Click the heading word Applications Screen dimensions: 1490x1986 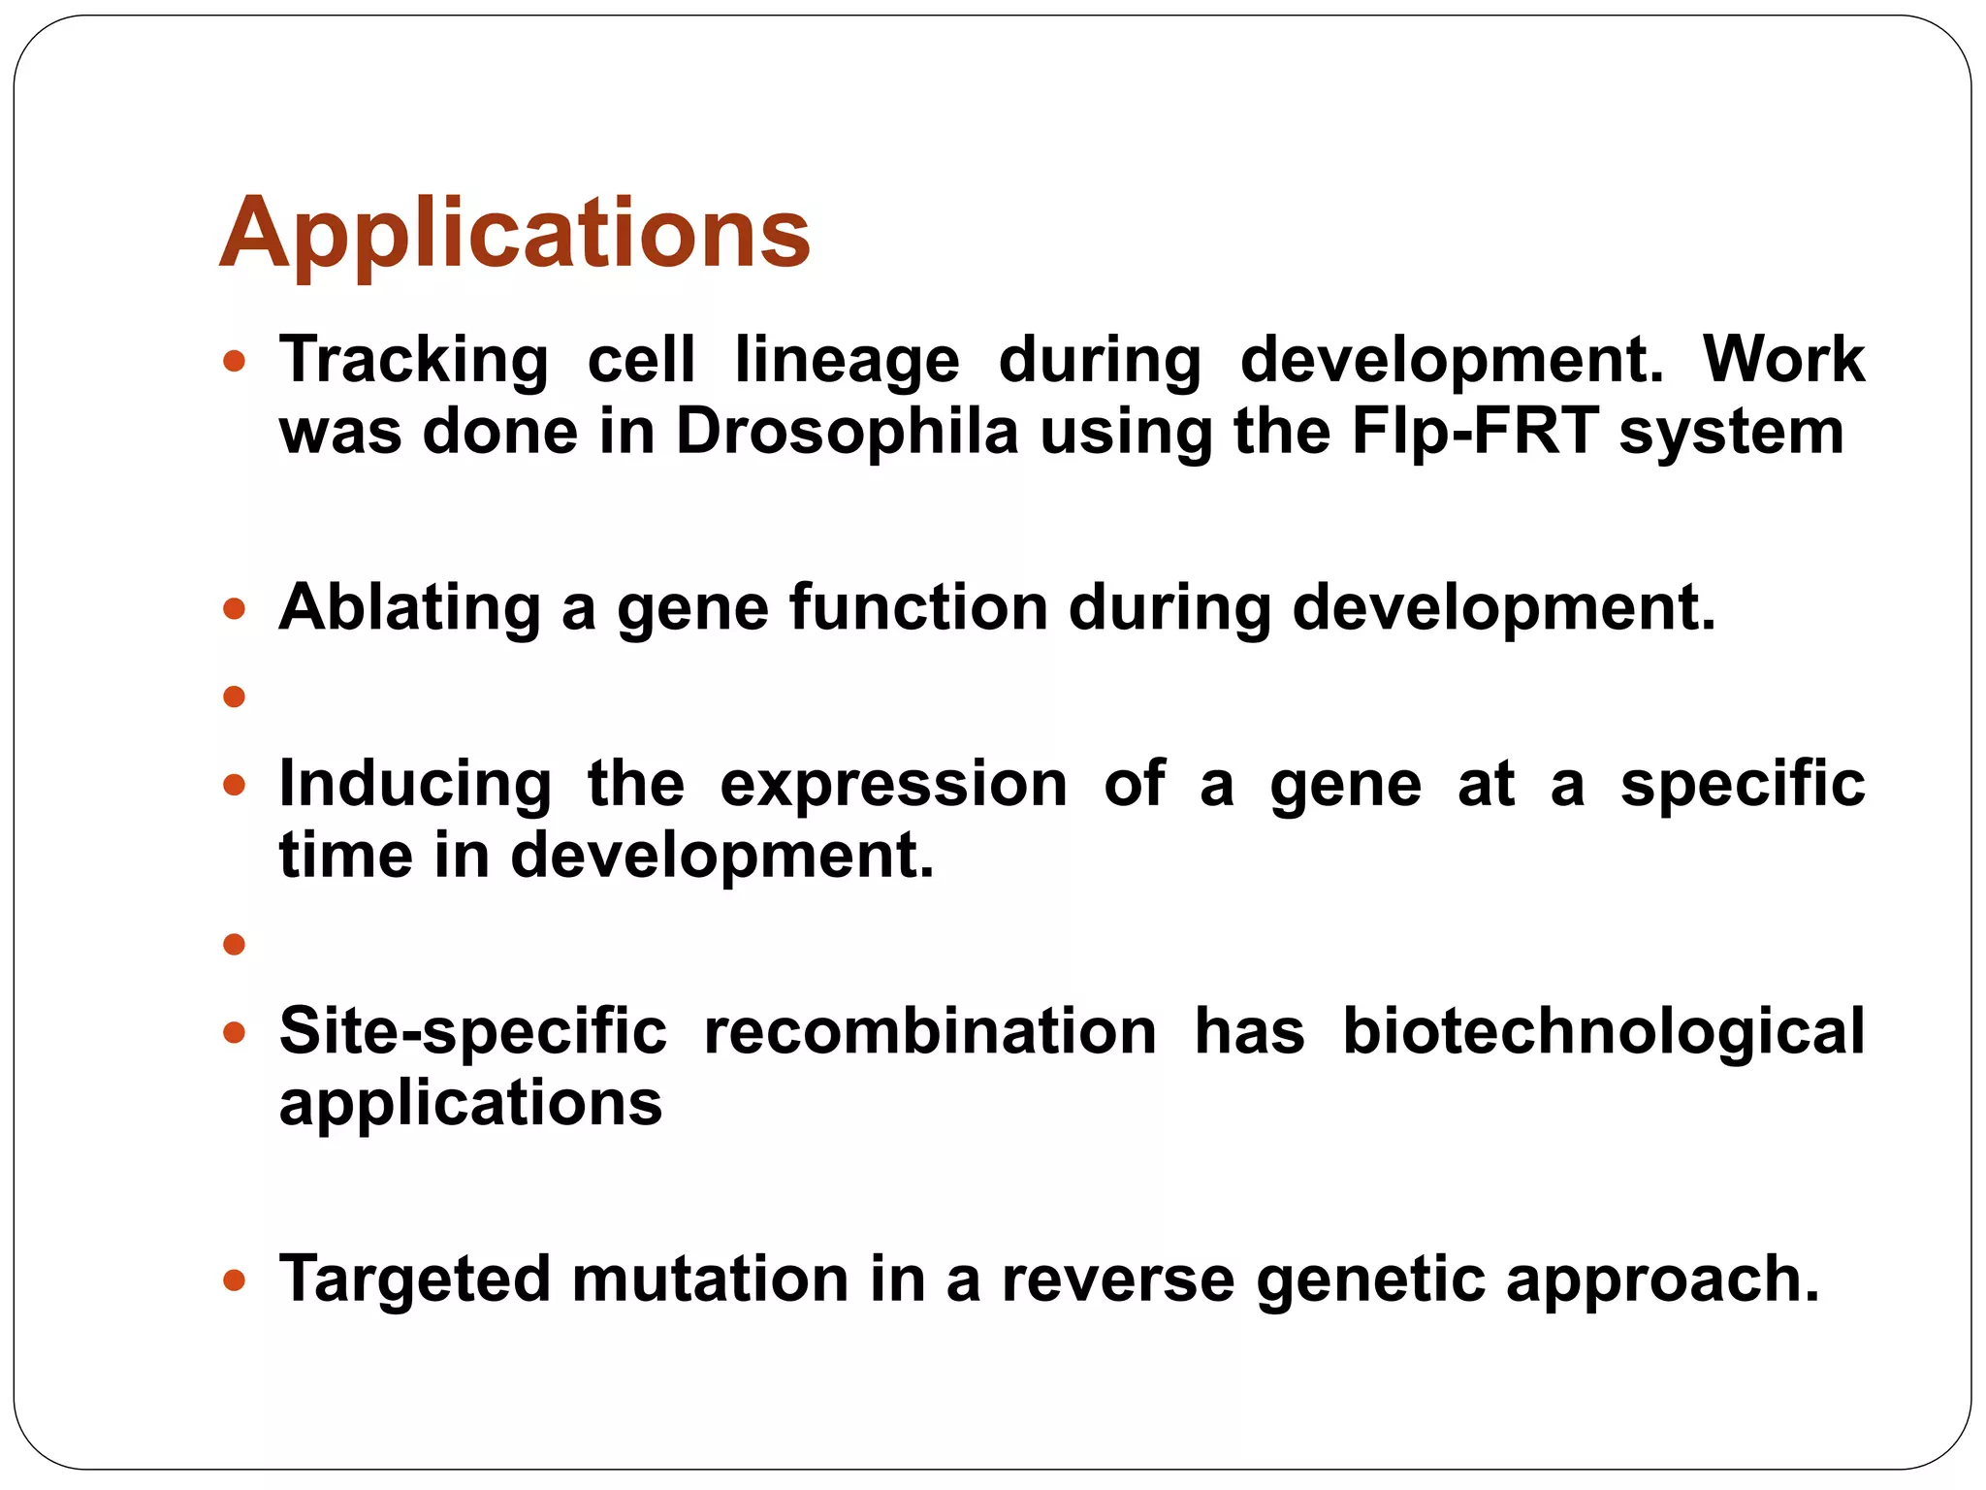tap(514, 234)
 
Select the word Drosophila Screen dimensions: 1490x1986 tap(847, 432)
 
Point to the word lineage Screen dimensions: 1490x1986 tap(847, 360)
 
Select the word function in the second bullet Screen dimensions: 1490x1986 tap(918, 608)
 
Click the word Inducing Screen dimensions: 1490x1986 tap(415, 784)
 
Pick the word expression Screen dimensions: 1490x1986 tap(893, 784)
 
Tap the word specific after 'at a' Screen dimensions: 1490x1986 tap(1743, 784)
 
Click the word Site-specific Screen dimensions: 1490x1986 tap(472, 1031)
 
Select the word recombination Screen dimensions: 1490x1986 tap(930, 1031)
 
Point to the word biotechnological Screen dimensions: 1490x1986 tap(1603, 1031)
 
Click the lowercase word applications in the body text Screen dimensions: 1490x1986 tap(470, 1104)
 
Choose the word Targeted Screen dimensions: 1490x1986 tap(414, 1279)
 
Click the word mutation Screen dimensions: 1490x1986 tap(710, 1279)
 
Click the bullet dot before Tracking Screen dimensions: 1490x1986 tap(234, 363)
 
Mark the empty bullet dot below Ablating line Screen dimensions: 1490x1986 tap(234, 696)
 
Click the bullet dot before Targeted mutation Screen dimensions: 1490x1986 tap(234, 1280)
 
